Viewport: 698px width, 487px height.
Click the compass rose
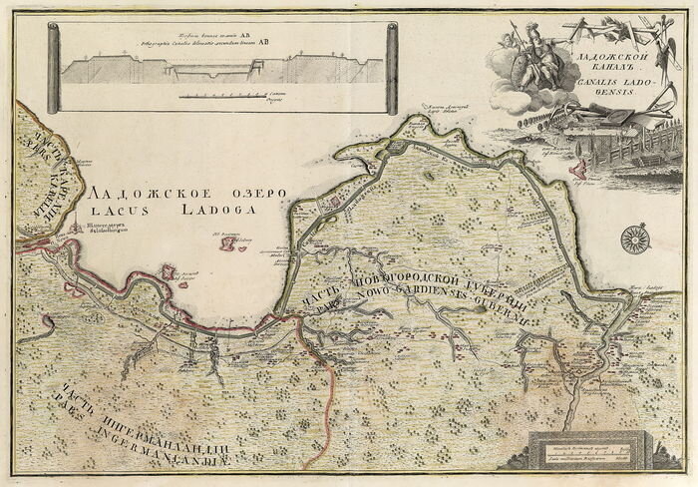click(631, 240)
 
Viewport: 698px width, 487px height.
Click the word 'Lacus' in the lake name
click(120, 211)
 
